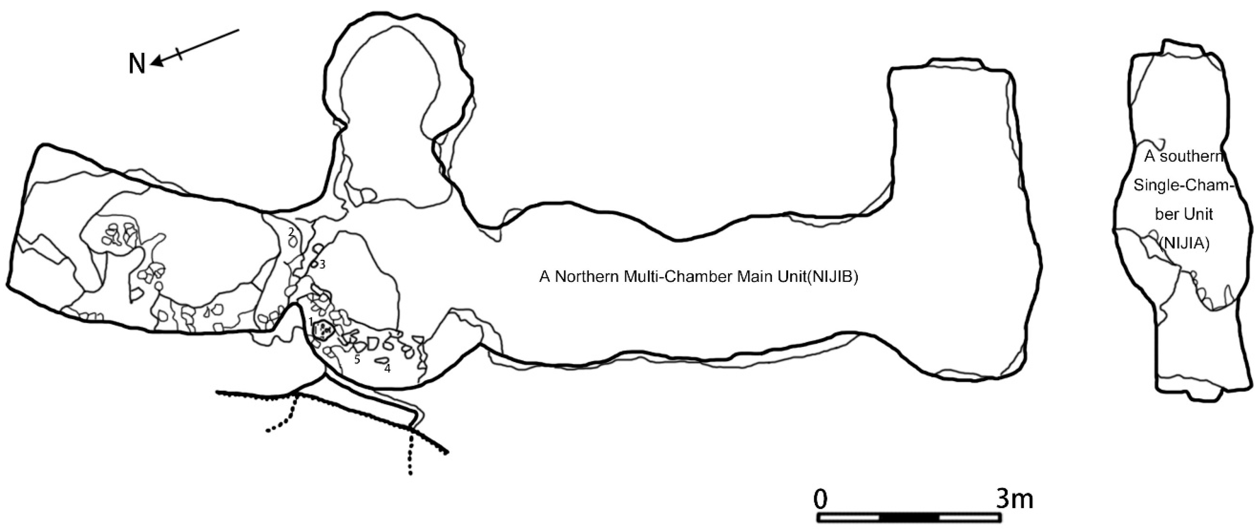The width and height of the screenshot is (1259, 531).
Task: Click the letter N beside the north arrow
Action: [x=137, y=64]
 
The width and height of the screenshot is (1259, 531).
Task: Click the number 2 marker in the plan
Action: [x=291, y=231]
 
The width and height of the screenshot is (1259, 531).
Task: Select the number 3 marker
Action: [x=322, y=264]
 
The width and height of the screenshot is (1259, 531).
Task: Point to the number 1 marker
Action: [x=310, y=321]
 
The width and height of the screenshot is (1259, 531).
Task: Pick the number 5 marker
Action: [x=357, y=360]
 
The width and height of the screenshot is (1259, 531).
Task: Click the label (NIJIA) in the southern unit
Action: [x=1184, y=243]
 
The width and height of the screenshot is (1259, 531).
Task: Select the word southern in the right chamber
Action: [x=1192, y=157]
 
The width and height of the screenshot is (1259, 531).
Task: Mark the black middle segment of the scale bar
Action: [x=909, y=517]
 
